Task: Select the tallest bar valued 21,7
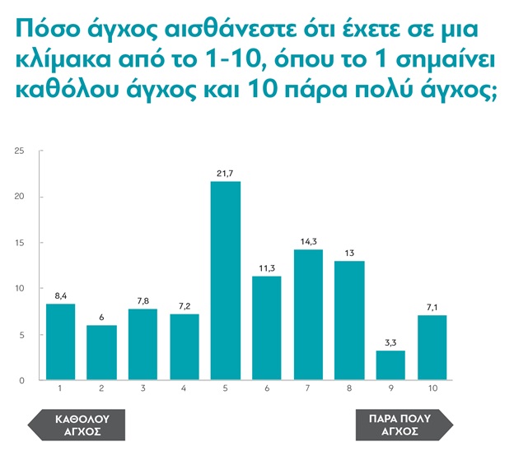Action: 226,281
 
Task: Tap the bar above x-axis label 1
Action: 60,342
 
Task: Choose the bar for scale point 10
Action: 432,347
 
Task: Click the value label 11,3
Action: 267,267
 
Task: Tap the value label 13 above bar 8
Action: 350,252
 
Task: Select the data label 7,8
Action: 143,300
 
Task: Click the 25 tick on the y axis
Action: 21,151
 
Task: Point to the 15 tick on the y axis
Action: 21,243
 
